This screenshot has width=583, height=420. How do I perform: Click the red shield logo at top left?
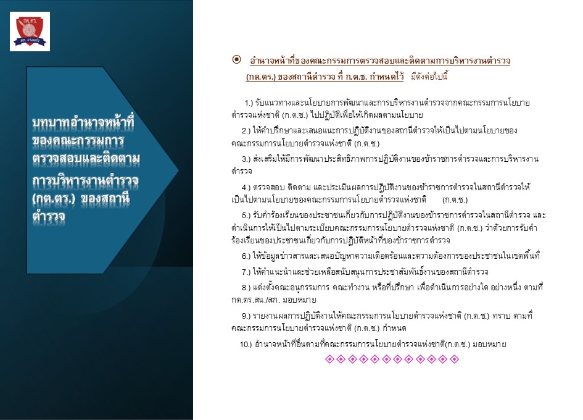(30, 31)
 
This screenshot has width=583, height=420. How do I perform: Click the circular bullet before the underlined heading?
(236, 59)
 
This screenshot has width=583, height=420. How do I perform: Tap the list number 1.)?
(249, 103)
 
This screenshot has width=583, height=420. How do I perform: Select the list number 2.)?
(246, 131)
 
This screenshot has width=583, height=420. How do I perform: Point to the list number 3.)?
(246, 159)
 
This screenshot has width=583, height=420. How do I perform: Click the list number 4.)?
(246, 187)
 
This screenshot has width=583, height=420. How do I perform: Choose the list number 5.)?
(246, 215)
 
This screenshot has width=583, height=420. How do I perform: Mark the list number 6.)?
(246, 256)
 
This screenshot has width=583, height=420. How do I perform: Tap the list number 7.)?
(246, 272)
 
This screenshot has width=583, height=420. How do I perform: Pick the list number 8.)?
(246, 288)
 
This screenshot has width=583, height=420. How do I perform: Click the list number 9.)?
(246, 316)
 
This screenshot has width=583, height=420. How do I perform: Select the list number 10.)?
(246, 345)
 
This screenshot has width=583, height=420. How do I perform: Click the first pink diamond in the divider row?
(329, 359)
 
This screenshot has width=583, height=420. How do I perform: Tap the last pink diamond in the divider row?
(454, 359)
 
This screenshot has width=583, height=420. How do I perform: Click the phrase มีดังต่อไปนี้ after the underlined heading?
(429, 77)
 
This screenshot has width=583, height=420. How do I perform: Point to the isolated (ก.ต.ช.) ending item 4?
(455, 200)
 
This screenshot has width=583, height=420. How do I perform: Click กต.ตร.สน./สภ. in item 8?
(255, 300)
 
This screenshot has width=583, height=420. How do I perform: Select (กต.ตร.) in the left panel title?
(54, 199)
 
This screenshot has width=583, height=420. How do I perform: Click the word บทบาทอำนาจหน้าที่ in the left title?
(83, 123)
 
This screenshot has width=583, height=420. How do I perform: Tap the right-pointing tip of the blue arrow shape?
(178, 171)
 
